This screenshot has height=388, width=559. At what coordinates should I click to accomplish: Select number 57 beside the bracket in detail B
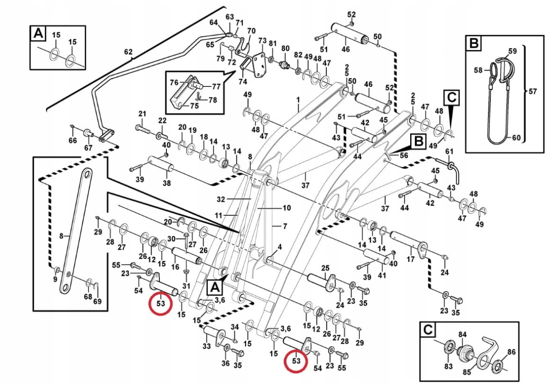[532, 91]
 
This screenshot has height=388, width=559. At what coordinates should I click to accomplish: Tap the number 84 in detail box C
[462, 335]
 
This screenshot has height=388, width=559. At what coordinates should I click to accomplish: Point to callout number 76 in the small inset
[174, 83]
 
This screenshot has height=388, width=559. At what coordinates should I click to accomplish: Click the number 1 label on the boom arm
[298, 100]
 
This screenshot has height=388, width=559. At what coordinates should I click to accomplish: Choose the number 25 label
[325, 267]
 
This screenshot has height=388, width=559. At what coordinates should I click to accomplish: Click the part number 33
[207, 346]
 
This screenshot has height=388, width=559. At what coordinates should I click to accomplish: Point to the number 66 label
[72, 140]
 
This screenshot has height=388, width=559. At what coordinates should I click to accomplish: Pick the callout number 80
[285, 49]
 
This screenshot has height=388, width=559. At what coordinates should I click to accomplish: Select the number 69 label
[97, 302]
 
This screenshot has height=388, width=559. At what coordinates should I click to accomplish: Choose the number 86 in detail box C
[511, 353]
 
